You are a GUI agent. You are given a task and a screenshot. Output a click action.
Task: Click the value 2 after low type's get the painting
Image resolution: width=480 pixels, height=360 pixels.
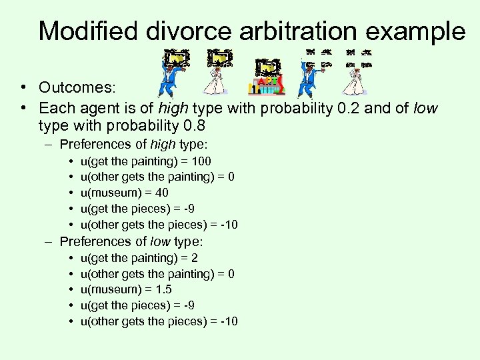point(194,257)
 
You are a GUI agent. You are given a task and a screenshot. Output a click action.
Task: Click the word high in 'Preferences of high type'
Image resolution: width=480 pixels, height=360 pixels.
point(163,144)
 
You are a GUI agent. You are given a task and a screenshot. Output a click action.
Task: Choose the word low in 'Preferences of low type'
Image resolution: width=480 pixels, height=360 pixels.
point(161,241)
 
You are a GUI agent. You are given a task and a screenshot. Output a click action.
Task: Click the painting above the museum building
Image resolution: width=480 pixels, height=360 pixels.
point(268,67)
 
